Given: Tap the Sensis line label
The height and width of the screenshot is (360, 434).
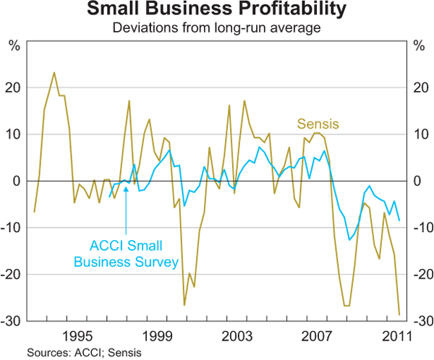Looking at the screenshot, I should [x=318, y=125].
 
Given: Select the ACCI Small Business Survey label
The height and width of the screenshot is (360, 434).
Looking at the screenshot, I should [x=133, y=253].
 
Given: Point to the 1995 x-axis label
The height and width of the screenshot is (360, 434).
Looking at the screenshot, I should [x=77, y=336].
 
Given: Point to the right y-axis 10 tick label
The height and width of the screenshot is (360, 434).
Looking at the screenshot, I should [x=420, y=134].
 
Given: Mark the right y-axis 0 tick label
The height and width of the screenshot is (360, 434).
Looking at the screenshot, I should [x=417, y=181].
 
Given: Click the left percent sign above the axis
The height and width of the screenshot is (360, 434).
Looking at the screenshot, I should [x=14, y=47].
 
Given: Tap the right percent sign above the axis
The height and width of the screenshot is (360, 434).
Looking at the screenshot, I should [x=419, y=47].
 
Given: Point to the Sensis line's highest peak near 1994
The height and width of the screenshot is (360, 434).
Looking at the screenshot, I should [x=54, y=72].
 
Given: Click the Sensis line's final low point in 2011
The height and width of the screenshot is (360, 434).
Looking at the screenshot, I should [x=399, y=314].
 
